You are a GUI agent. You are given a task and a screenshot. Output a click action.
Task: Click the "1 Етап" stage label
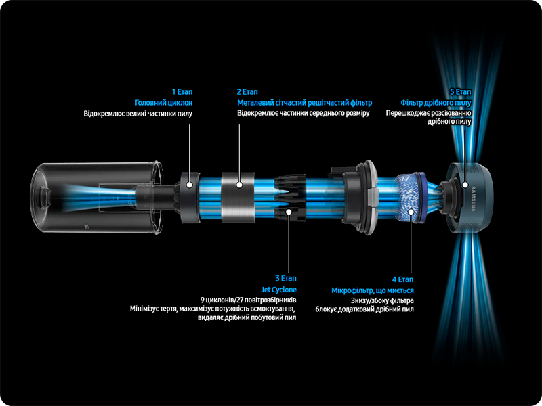click(182, 92)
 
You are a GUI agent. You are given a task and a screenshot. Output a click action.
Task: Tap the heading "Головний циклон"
click(163, 103)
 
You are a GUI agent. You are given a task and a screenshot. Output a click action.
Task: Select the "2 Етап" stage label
click(247, 92)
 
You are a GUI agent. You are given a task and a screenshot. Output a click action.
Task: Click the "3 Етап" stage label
click(286, 278)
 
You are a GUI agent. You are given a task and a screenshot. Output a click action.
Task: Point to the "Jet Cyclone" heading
click(278, 290)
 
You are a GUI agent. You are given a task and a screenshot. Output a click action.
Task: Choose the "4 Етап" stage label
click(402, 279)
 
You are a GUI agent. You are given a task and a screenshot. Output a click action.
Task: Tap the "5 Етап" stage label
click(461, 92)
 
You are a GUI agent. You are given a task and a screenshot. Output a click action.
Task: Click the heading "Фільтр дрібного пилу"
click(436, 103)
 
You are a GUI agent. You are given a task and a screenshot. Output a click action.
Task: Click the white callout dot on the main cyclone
click(189, 185)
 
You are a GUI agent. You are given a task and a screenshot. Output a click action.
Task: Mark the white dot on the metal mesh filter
click(239, 185)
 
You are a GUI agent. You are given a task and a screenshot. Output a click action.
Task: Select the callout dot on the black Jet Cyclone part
click(289, 211)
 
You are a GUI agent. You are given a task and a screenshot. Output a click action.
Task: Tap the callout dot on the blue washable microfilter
click(411, 211)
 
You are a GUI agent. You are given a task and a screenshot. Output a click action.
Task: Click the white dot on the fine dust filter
click(465, 185)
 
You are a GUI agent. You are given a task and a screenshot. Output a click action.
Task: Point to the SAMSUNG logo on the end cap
click(474, 198)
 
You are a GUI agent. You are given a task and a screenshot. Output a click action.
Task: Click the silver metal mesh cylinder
click(238, 197)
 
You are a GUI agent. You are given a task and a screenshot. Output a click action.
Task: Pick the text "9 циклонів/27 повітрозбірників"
click(248, 300)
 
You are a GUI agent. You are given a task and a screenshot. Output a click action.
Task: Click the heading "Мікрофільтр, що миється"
click(372, 290)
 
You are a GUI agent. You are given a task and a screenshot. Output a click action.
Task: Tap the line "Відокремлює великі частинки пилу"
click(138, 113)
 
